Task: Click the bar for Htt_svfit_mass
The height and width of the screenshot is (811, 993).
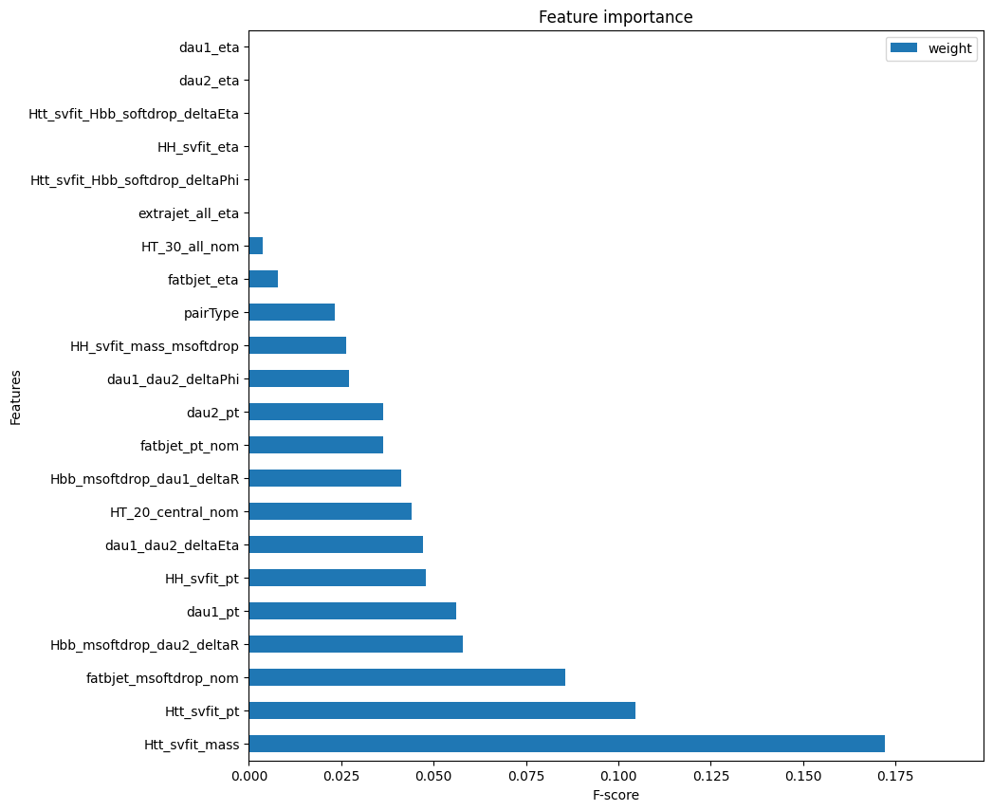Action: (567, 744)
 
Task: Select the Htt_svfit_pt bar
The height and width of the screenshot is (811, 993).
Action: (442, 710)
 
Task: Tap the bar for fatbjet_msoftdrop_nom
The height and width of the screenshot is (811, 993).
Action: (407, 677)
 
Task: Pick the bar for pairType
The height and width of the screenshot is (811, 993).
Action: (292, 312)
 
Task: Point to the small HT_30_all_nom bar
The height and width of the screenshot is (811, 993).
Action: (256, 246)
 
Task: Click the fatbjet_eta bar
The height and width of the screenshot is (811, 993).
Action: (264, 280)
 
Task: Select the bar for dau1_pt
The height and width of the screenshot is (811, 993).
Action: (353, 611)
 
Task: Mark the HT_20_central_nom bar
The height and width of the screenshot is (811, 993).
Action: (331, 511)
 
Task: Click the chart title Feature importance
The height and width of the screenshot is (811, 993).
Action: (616, 17)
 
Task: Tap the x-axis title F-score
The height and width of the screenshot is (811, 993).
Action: (616, 795)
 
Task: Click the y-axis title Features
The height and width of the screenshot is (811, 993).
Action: (15, 397)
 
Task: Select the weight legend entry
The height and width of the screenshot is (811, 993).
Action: (931, 48)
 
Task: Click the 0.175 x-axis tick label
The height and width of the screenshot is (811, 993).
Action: (895, 776)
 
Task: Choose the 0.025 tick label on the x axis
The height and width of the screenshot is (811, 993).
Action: (341, 776)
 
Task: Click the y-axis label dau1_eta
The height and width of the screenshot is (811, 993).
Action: (209, 47)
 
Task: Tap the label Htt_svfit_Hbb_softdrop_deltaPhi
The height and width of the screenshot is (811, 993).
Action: (135, 180)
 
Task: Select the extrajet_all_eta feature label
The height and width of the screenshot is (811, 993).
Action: (189, 213)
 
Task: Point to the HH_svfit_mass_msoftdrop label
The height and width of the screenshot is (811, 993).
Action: (155, 346)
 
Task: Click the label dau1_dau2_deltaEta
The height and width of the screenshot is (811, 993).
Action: (173, 545)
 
